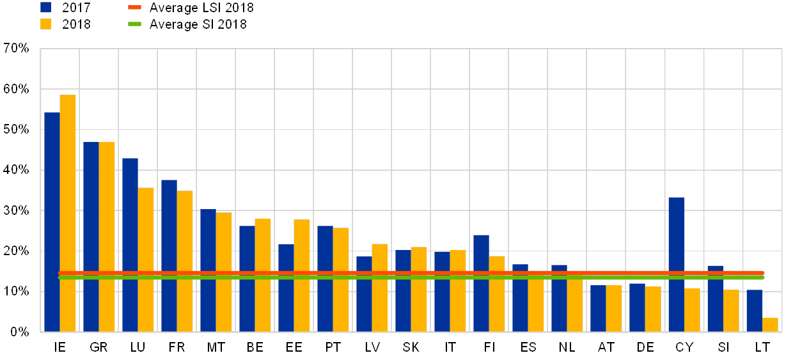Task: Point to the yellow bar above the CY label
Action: click(692, 310)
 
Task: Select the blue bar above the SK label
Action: click(403, 291)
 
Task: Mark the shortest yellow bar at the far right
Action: click(770, 325)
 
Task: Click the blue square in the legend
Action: click(46, 8)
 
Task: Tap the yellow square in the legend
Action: click(46, 24)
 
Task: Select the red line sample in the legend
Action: click(134, 8)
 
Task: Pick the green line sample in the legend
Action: click(134, 24)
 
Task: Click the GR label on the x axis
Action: click(98, 347)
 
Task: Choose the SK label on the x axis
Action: click(411, 347)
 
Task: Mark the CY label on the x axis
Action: click(684, 347)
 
